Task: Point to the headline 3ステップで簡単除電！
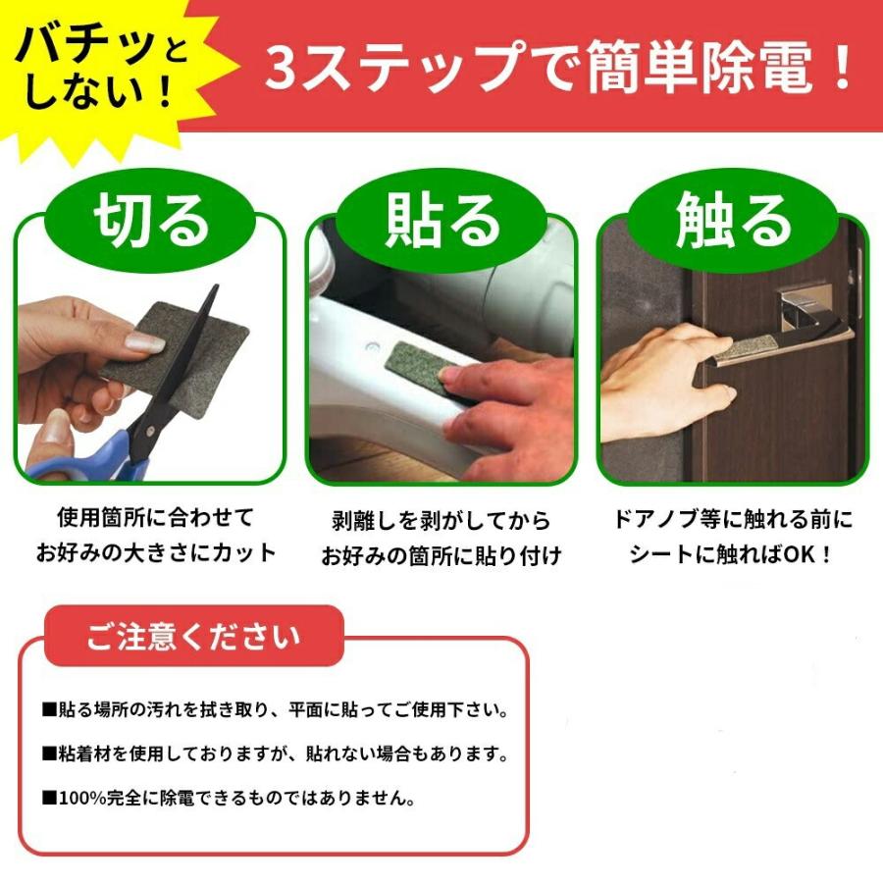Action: pyautogui.click(x=559, y=71)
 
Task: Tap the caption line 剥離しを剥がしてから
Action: pyautogui.click(x=441, y=520)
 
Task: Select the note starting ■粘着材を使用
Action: pyautogui.click(x=274, y=753)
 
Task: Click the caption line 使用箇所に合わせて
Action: pyautogui.click(x=155, y=517)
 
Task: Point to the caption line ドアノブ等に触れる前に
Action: pyautogui.click(x=732, y=519)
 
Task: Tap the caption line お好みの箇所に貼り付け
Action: pyautogui.click(x=441, y=555)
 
